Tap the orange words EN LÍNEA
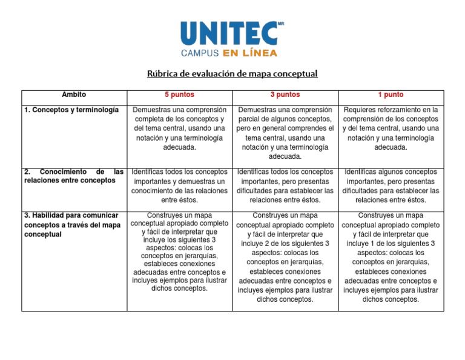coord(250,53)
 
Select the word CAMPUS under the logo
coord(201,53)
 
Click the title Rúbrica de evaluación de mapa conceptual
coord(232,74)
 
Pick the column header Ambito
coord(74,95)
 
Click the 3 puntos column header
coord(285,95)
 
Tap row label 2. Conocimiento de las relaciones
coord(74,176)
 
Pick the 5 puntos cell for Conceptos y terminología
coord(179,128)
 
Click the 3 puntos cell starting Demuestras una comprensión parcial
coord(285,133)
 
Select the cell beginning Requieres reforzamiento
coord(391,128)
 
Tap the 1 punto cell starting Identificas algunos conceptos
coord(391,186)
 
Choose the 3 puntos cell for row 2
coord(285,186)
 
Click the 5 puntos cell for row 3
coord(179,252)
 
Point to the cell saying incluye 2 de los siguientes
coord(285,257)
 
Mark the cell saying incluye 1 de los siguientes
coord(391,257)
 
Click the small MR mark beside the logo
coord(280,24)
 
